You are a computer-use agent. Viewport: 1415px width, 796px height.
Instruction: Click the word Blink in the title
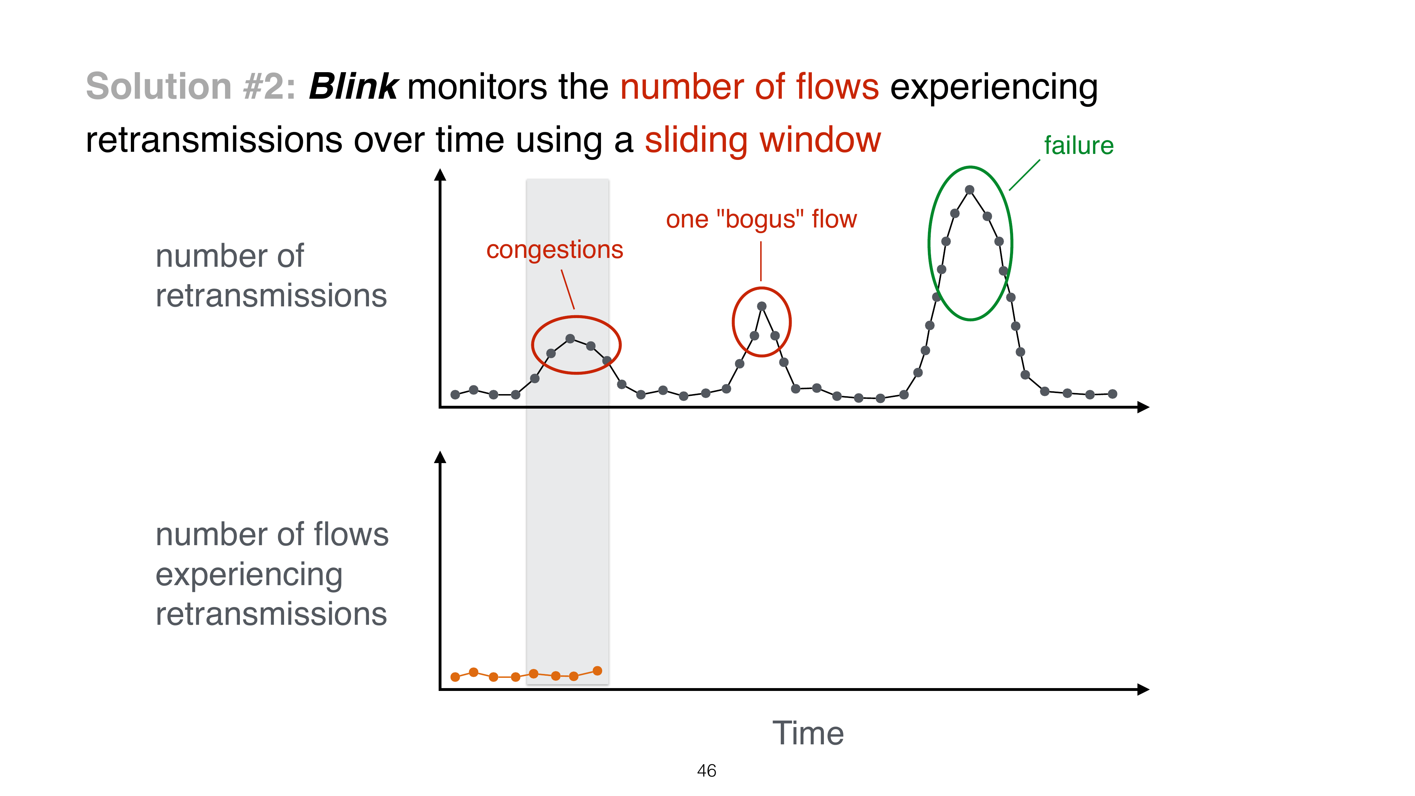[353, 87]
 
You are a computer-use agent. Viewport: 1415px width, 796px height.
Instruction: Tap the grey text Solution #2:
[191, 87]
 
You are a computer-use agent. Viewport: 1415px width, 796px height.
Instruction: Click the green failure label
[1078, 145]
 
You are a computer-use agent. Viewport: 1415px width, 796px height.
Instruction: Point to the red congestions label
[554, 250]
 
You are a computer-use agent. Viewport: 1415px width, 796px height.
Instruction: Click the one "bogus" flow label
[761, 220]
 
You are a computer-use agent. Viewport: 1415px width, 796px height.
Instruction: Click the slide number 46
[706, 771]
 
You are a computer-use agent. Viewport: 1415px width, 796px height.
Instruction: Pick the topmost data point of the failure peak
[970, 190]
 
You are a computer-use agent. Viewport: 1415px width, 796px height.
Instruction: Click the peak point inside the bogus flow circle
[761, 306]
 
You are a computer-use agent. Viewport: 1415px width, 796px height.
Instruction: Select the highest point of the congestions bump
[570, 339]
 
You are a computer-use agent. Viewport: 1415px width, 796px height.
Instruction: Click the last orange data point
[597, 671]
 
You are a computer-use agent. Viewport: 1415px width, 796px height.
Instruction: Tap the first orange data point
[455, 677]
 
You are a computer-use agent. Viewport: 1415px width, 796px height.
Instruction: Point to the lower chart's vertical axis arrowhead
[440, 457]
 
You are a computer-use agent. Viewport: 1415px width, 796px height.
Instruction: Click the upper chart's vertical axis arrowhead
[440, 175]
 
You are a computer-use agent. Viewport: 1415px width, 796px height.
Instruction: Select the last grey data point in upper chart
[1112, 394]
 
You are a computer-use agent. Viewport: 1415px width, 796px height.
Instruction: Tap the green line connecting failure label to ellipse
[1024, 175]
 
